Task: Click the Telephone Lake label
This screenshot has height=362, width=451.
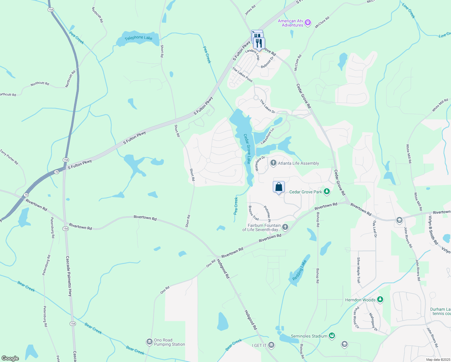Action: point(138,38)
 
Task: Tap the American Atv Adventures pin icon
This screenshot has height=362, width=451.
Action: point(307,22)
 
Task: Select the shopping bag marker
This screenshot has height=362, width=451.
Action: point(279,187)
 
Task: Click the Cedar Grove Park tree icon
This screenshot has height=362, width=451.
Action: point(326,192)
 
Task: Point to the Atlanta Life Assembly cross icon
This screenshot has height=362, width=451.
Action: point(273,163)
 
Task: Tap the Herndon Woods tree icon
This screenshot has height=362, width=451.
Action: point(380,300)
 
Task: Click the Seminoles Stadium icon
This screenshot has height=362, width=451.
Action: point(332,336)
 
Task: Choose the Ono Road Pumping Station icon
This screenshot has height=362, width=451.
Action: point(149,342)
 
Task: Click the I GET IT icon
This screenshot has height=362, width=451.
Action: point(271,345)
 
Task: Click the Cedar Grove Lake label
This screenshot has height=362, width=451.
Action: point(247,149)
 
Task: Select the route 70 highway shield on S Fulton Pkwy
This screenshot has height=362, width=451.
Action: point(57,172)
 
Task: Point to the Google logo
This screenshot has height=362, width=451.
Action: point(10,358)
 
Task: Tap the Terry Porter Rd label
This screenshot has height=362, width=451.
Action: point(9,157)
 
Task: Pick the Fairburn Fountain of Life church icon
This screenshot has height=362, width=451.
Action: point(285,227)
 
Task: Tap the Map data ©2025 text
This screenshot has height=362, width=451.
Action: point(438,360)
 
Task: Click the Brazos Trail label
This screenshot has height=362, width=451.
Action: point(254,213)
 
